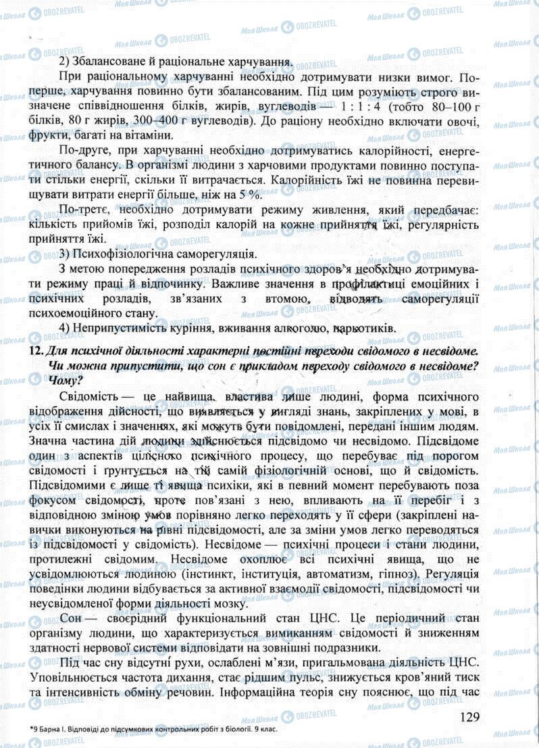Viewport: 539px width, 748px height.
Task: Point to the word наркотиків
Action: (x=363, y=329)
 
